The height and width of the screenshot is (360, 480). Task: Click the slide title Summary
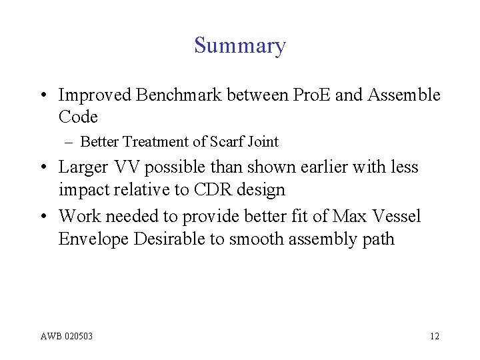240,45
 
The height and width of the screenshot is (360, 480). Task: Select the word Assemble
403,95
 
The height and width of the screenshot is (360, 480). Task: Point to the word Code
78,117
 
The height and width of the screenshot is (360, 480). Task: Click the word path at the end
379,239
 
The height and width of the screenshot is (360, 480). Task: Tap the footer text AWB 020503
66,336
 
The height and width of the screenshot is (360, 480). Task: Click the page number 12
434,336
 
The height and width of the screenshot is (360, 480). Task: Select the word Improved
95,95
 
